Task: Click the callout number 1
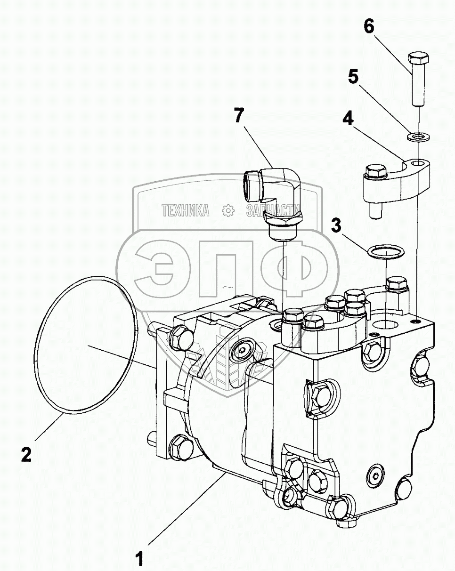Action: click(x=139, y=559)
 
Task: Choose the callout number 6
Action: click(x=369, y=26)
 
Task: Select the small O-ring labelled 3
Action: click(x=386, y=252)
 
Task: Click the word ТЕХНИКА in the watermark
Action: click(x=185, y=210)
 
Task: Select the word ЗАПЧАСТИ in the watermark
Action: click(x=273, y=210)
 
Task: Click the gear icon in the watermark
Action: click(x=228, y=211)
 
